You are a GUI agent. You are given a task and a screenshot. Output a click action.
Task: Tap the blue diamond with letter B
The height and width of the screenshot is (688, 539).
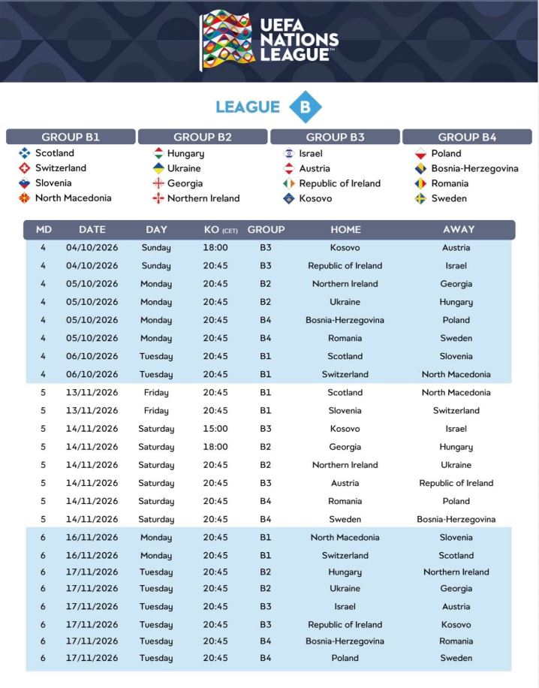[x=305, y=107]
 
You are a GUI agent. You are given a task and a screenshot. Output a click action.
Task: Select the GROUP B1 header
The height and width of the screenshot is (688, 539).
[x=71, y=137]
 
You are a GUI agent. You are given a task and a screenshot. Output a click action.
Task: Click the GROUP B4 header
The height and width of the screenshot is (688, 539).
[x=467, y=137]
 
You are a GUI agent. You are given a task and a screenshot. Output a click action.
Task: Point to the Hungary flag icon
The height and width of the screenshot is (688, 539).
[x=158, y=153]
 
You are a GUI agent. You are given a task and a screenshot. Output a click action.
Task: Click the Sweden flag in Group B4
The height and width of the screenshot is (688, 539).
[x=421, y=198]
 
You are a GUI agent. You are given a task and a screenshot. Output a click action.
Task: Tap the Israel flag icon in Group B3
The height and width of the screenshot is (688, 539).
[x=289, y=153]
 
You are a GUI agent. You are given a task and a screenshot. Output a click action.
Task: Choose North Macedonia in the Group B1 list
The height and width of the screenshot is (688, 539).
[x=73, y=198]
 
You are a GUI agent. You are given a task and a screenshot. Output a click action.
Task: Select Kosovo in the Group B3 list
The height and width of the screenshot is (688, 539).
[x=315, y=198]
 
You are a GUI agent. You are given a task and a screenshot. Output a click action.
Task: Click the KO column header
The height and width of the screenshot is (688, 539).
[x=220, y=230]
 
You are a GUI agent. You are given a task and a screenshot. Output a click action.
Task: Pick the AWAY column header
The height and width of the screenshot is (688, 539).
[x=457, y=230]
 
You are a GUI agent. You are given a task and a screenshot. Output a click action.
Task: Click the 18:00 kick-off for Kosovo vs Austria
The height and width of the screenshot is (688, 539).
[x=215, y=248]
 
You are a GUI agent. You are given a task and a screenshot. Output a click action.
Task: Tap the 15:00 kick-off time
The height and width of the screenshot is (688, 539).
[x=215, y=429]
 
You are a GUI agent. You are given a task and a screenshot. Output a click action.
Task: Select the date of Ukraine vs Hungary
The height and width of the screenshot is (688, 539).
[x=92, y=302]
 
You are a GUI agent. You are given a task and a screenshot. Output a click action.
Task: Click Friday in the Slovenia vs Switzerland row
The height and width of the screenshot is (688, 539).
[x=156, y=411]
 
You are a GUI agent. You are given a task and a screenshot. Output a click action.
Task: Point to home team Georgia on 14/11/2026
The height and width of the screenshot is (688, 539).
[x=345, y=447]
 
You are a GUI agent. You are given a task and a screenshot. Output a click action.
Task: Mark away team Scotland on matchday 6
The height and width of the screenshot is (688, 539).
[x=456, y=556]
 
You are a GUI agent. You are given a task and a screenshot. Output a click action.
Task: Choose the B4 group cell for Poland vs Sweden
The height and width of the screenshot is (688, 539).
[x=266, y=658]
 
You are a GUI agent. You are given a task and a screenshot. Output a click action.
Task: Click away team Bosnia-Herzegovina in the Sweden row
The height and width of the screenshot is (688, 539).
[x=456, y=520]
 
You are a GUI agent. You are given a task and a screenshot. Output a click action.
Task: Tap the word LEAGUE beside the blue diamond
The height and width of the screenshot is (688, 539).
[x=247, y=107]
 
